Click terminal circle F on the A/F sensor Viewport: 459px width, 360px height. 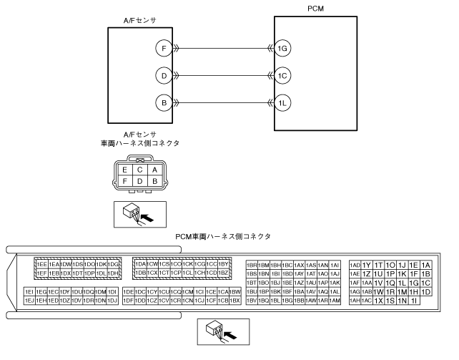point(164,48)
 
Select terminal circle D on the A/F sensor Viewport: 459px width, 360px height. point(164,75)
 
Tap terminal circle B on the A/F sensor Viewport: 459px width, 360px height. point(164,102)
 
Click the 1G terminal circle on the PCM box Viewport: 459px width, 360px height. point(284,48)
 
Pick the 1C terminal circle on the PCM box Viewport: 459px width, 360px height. point(284,75)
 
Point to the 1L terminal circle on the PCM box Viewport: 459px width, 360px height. point(284,102)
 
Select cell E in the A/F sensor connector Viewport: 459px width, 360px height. point(125,170)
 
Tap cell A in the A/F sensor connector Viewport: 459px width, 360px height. point(154,170)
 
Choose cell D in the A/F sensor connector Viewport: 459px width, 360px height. point(139,181)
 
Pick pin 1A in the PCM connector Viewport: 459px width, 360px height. point(426,265)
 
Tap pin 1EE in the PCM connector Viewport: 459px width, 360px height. point(41,265)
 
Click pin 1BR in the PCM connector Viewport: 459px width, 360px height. point(252,265)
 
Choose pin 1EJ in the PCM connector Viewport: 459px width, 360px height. point(29,301)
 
